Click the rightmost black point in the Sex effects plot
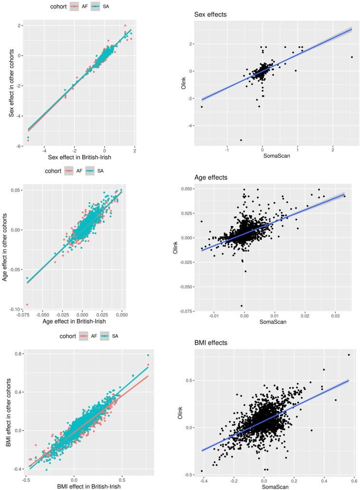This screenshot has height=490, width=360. (x=352, y=57)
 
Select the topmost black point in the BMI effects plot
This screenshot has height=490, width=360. (x=349, y=355)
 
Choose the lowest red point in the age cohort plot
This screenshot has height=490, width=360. (x=27, y=304)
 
